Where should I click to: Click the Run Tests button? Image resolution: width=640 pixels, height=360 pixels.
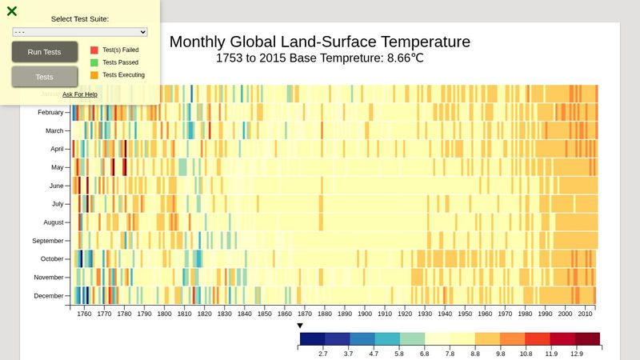coord(45,52)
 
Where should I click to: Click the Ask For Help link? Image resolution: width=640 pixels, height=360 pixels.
coord(80,94)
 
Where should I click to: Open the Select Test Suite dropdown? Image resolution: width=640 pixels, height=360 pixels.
coord(80,32)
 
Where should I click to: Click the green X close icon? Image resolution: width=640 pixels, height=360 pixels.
coord(12,11)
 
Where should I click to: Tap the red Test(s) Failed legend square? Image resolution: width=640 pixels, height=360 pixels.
coord(94,50)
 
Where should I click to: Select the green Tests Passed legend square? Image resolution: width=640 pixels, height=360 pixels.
coord(94,62)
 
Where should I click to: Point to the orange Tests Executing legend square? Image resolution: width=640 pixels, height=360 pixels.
coord(94,75)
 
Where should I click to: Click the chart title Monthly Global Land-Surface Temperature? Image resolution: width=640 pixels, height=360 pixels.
coord(320,42)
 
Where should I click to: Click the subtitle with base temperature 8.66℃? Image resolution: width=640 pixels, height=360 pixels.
coord(320,58)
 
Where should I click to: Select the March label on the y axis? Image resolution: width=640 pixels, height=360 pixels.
coord(54,130)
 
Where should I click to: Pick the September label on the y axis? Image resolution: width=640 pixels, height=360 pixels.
coord(48,241)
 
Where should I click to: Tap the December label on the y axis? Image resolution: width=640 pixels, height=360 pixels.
coord(50,296)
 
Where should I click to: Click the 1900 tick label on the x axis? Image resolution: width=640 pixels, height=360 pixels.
coord(365,314)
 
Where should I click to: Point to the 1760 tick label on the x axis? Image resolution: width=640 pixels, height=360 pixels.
coord(84,314)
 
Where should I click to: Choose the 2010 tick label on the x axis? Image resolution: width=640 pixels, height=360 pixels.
coord(586,314)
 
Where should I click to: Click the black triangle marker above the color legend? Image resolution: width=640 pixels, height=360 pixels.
coord(300,326)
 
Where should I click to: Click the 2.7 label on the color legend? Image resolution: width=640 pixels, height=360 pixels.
coord(324,353)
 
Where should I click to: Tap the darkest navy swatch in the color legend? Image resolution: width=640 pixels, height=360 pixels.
coord(312,339)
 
